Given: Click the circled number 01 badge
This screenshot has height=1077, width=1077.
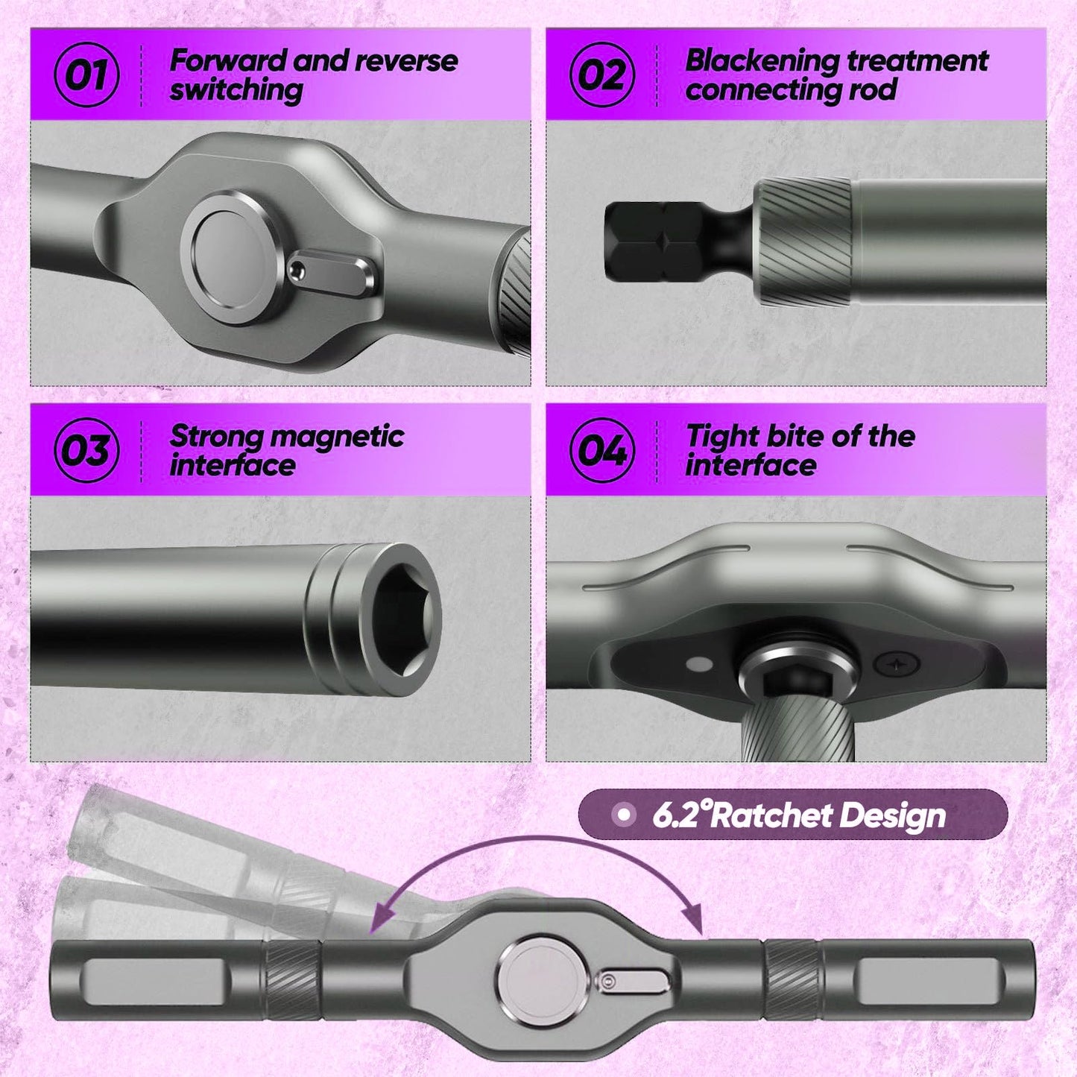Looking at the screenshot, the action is pos(86,75).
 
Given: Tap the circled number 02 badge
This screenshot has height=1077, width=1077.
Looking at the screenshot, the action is pos(602,75).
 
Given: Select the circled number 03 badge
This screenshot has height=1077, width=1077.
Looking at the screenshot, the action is pos(86,450).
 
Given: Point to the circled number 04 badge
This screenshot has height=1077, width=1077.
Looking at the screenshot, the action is pos(602,450).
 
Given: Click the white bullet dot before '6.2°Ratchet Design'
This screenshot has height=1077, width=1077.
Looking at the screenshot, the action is pos(625,815).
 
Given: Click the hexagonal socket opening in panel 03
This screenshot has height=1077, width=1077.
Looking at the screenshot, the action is pos(406,620).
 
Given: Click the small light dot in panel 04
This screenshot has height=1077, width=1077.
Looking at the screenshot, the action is pos(698,665).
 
